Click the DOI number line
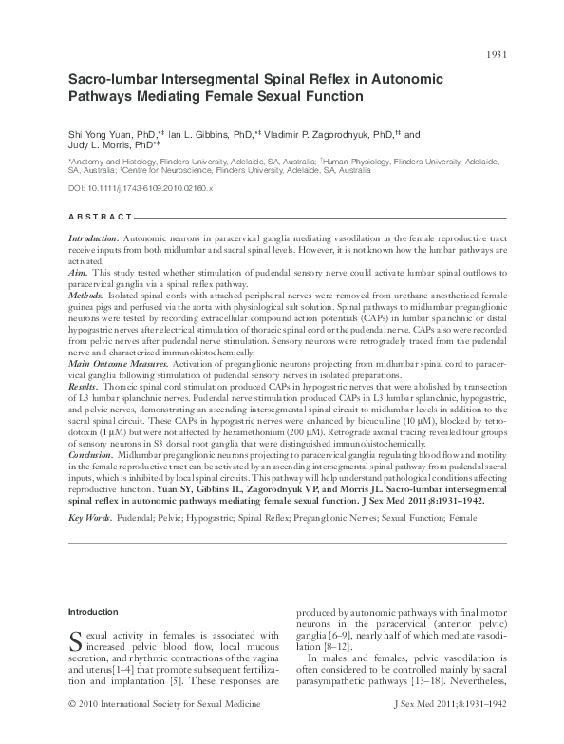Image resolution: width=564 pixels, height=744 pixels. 141,189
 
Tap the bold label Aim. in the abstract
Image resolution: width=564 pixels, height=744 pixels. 79,271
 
